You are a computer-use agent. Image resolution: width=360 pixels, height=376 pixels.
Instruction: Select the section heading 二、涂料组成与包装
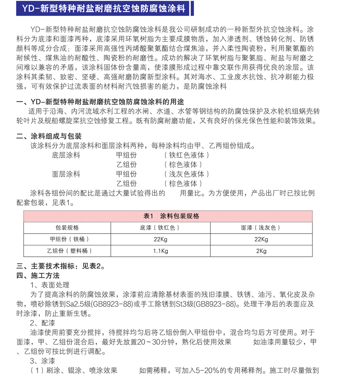click(x=49, y=136)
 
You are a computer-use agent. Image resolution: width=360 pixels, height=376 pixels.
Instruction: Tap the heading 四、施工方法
click(x=38, y=276)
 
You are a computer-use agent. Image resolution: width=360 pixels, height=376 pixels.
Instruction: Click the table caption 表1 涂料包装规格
click(x=171, y=216)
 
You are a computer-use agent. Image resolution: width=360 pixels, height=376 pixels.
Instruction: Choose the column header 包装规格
click(x=67, y=228)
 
